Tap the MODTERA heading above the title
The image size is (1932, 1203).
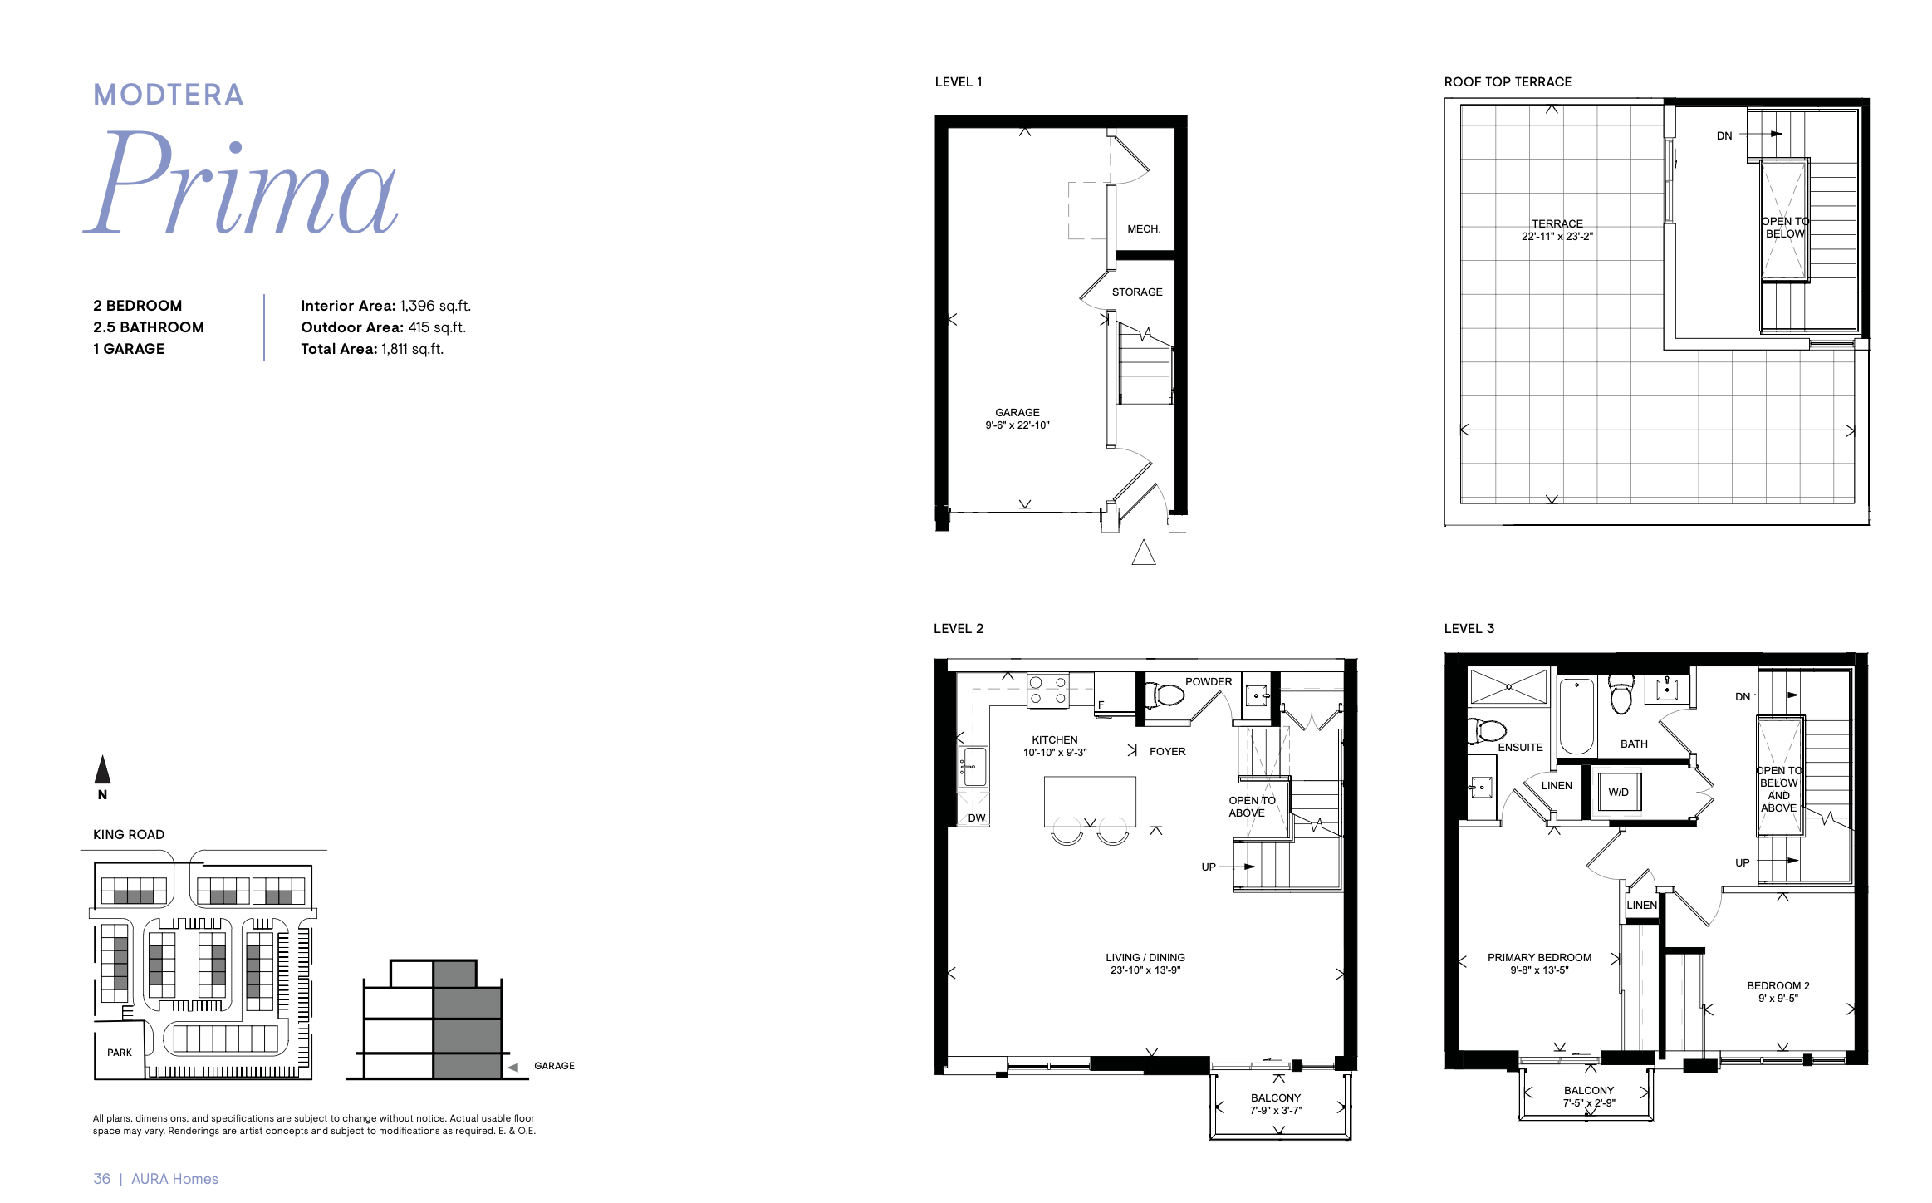click(x=169, y=95)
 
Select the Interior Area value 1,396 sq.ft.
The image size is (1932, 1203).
click(x=435, y=306)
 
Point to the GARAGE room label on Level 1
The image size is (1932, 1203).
click(x=1017, y=419)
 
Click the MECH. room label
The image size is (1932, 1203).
click(x=1144, y=229)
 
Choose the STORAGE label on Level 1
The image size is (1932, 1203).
click(x=1137, y=292)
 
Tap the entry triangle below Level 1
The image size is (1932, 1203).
click(x=1144, y=552)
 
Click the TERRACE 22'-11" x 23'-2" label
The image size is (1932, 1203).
click(x=1557, y=230)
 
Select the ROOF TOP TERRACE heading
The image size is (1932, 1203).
click(x=1508, y=82)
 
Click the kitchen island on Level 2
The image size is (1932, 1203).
click(x=1090, y=802)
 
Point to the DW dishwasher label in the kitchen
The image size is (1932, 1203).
click(x=977, y=818)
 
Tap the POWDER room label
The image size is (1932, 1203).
click(x=1209, y=682)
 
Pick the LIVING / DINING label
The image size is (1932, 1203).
click(x=1145, y=964)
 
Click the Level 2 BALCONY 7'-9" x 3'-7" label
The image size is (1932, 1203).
click(x=1276, y=1104)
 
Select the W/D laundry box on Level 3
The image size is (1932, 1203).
click(x=1619, y=792)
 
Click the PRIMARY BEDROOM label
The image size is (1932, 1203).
click(x=1539, y=964)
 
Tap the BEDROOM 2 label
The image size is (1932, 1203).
click(x=1778, y=992)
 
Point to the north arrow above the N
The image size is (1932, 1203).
click(x=102, y=769)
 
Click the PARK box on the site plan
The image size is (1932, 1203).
click(x=120, y=1052)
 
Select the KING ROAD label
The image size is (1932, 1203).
click(x=129, y=835)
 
